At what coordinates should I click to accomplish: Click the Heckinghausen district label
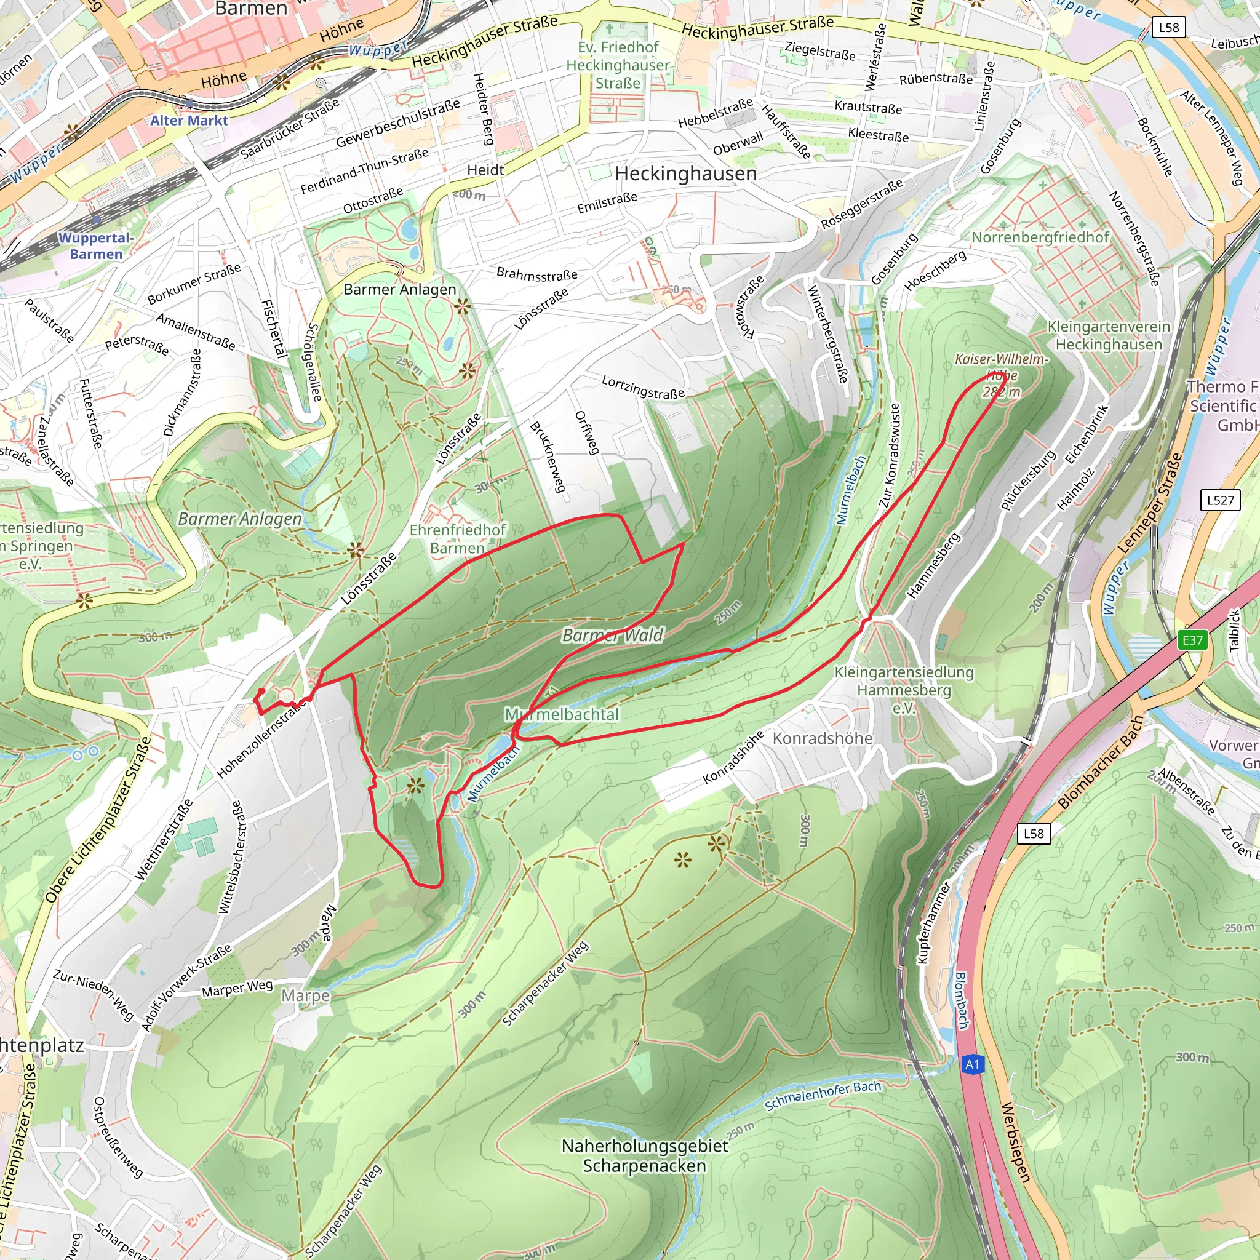pyautogui.click(x=685, y=173)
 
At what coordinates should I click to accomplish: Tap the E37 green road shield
pyautogui.click(x=1192, y=640)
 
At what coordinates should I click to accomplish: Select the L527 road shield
pyautogui.click(x=1220, y=500)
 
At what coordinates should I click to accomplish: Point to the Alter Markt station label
pyautogui.click(x=189, y=121)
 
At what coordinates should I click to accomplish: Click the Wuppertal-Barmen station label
pyautogui.click(x=96, y=246)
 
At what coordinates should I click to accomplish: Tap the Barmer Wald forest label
pyautogui.click(x=612, y=635)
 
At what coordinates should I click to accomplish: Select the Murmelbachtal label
pyautogui.click(x=562, y=715)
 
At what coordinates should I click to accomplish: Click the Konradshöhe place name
pyautogui.click(x=823, y=738)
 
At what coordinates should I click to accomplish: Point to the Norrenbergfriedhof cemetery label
pyautogui.click(x=1040, y=237)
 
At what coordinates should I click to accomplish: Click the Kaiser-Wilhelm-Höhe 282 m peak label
pyautogui.click(x=1001, y=375)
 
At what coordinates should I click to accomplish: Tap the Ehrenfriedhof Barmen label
pyautogui.click(x=457, y=539)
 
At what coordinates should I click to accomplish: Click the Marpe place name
pyautogui.click(x=305, y=996)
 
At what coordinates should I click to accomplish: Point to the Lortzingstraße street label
pyautogui.click(x=643, y=387)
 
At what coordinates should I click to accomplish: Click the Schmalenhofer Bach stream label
pyautogui.click(x=823, y=1096)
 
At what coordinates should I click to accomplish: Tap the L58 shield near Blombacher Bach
pyautogui.click(x=1034, y=834)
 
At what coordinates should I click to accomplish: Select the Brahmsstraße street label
pyautogui.click(x=536, y=274)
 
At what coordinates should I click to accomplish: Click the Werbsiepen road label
pyautogui.click(x=1015, y=1142)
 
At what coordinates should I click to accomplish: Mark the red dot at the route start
pyautogui.click(x=261, y=692)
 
